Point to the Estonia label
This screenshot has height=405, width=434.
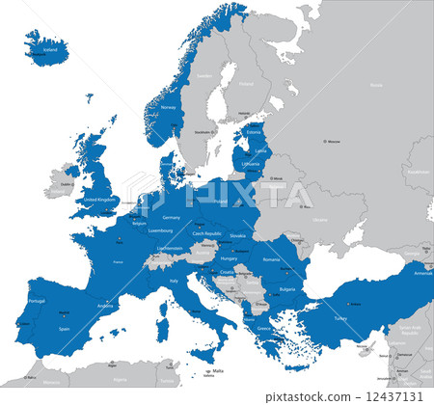click(x=255, y=133)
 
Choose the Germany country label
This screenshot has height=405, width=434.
click(x=171, y=217)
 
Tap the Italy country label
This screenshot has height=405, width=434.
click(x=175, y=281)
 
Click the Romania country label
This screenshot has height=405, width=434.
click(x=271, y=259)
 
